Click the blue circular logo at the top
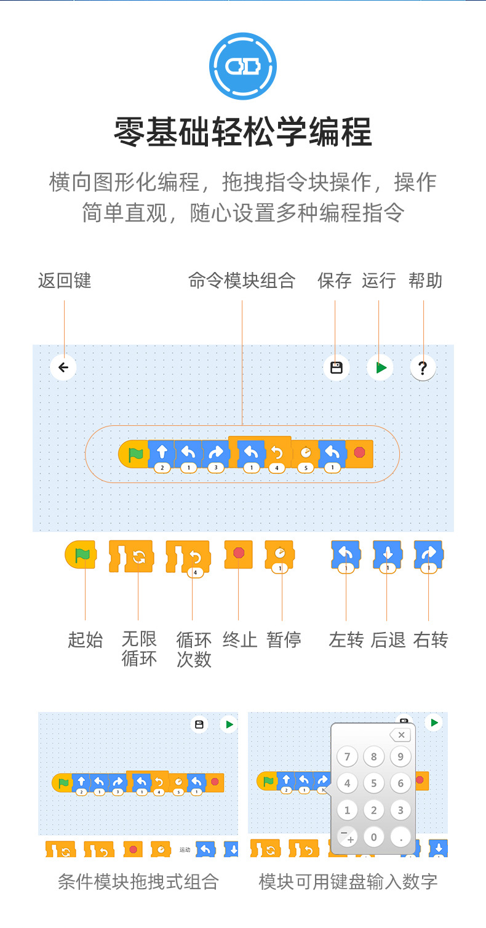point(243,66)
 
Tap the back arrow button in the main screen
point(63,367)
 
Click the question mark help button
point(423,367)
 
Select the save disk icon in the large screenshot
point(336,367)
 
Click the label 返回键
point(65,281)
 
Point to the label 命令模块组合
point(242,281)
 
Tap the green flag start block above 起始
point(81,554)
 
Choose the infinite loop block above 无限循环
point(131,556)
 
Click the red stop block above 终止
point(238,554)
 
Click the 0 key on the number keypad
point(373,837)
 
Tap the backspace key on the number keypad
point(400,735)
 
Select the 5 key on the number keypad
point(373,783)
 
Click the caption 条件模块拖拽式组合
point(138,882)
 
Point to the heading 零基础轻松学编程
point(243,132)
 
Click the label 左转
point(346,639)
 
